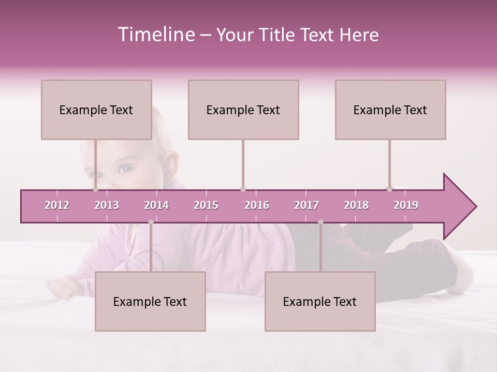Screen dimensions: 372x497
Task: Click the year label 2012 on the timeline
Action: point(57,205)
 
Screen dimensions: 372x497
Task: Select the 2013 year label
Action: point(107,205)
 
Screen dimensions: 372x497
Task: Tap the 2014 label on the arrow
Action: point(156,205)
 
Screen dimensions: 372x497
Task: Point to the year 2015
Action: point(206,205)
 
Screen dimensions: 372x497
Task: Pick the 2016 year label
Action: point(257,205)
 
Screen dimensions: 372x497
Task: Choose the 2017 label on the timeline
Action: point(306,205)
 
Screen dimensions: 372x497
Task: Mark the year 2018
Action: point(356,205)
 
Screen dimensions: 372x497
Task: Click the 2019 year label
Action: point(406,205)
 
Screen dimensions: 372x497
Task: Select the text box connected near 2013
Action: point(96,110)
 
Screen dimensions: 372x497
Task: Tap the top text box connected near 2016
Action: point(243,110)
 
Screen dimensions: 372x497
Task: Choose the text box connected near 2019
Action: point(390,110)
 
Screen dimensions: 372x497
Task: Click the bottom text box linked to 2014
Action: point(150,301)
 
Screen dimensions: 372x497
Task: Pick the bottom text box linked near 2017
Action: point(320,301)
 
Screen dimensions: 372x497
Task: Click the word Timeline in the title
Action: point(155,35)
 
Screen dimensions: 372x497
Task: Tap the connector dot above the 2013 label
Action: point(95,189)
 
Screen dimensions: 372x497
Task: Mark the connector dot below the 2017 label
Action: point(320,222)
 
